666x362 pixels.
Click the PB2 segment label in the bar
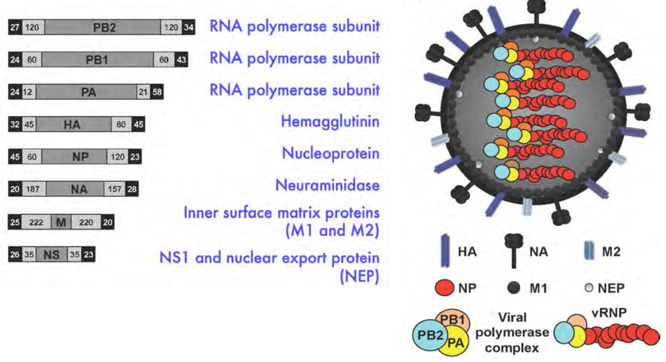click(103, 27)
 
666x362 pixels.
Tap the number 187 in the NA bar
click(33, 190)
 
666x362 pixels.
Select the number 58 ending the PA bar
click(157, 92)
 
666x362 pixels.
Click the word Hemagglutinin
click(330, 121)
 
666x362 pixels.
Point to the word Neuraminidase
click(327, 185)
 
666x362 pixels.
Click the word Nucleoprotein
click(331, 153)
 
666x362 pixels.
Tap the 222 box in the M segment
click(37, 222)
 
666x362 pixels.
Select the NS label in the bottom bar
click(51, 255)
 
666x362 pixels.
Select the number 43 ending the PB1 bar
click(181, 59)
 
